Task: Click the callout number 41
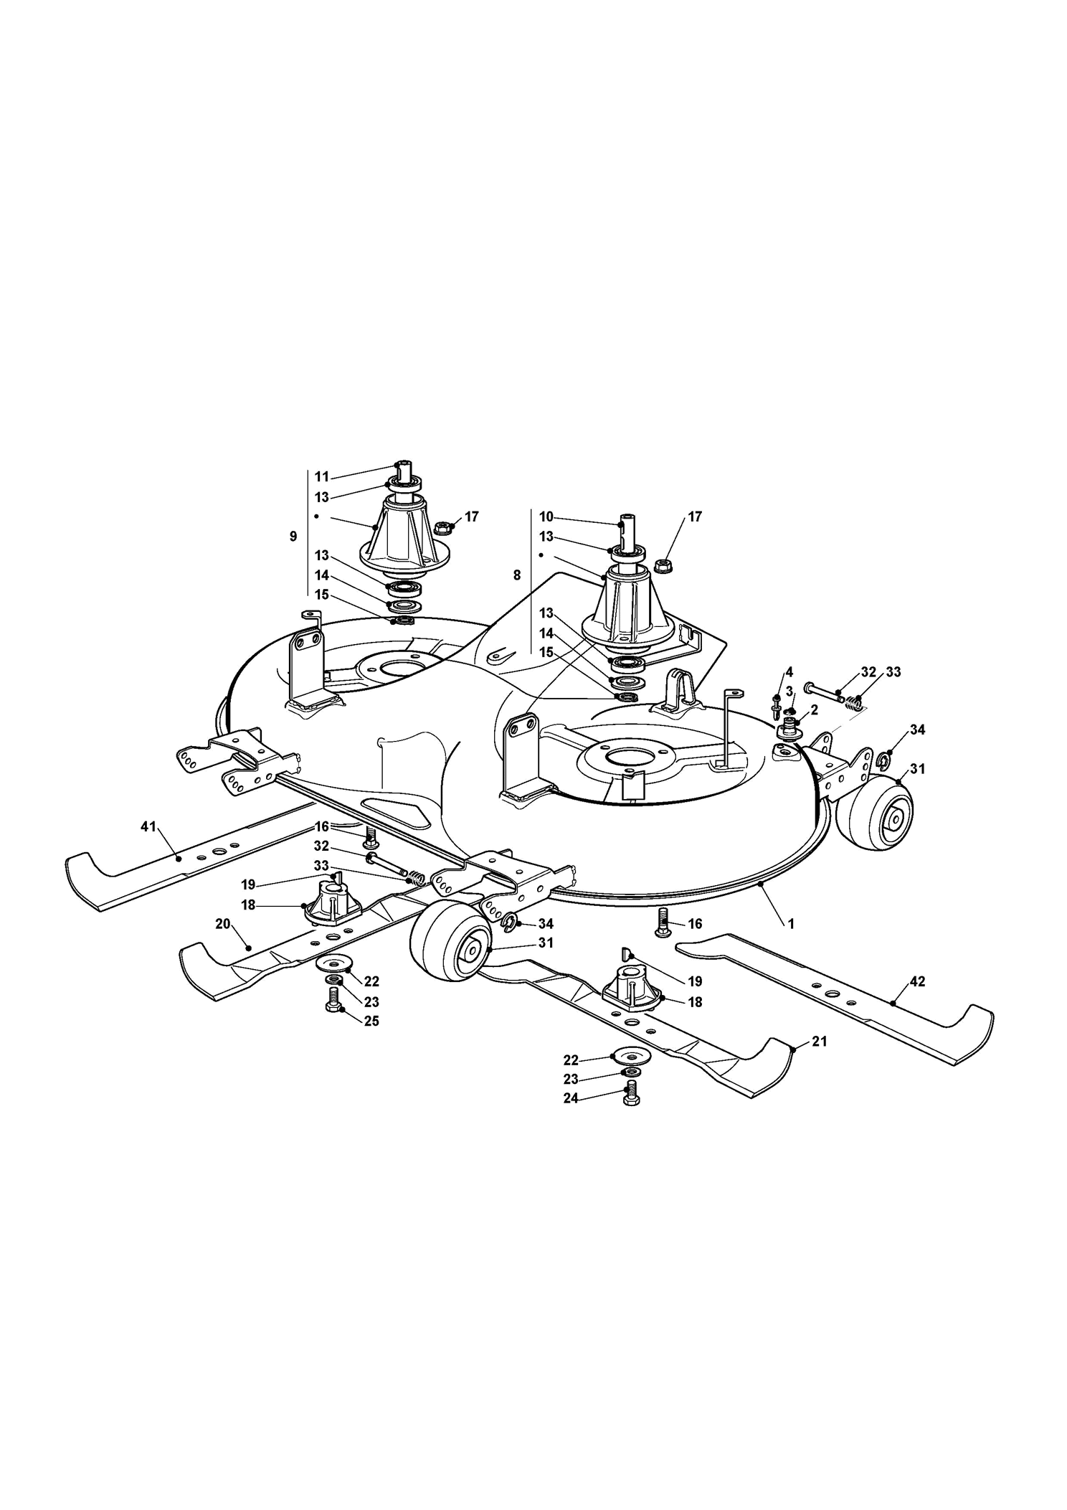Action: pos(148,827)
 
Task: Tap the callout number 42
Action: pos(916,981)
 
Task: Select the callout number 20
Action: pos(223,923)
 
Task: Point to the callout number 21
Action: pos(819,1041)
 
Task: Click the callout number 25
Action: pos(371,1021)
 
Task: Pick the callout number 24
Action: pos(571,1098)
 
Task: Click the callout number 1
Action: pos(791,925)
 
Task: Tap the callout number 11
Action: pos(322,476)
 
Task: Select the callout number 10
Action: pos(546,516)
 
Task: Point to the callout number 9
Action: pos(293,537)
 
